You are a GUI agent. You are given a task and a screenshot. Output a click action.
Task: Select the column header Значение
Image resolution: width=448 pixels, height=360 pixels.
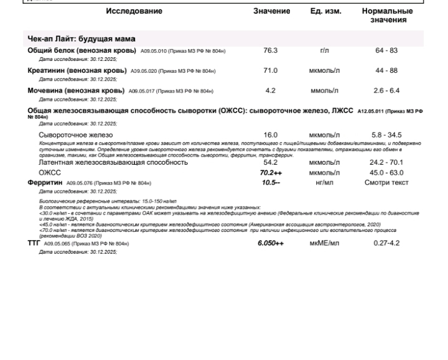pyautogui.click(x=271, y=12)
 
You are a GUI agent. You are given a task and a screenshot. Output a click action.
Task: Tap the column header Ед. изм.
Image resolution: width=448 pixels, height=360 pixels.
pyautogui.click(x=325, y=12)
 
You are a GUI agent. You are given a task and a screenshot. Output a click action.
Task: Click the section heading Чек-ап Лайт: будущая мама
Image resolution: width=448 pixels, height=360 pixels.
pyautogui.click(x=81, y=39)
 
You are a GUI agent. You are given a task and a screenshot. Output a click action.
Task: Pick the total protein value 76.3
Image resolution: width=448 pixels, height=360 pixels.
pyautogui.click(x=271, y=50)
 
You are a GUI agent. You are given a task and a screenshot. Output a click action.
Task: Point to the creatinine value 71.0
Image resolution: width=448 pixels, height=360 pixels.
pyautogui.click(x=271, y=71)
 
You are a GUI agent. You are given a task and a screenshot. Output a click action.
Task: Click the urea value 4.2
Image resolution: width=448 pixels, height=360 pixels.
pyautogui.click(x=271, y=91)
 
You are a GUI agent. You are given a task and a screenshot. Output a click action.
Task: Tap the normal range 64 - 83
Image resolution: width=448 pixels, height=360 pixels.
pyautogui.click(x=387, y=50)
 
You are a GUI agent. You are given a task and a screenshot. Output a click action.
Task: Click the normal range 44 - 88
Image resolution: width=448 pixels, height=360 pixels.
pyautogui.click(x=387, y=71)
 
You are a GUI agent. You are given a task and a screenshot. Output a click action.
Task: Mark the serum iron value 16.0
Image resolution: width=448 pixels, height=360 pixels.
pyautogui.click(x=271, y=135)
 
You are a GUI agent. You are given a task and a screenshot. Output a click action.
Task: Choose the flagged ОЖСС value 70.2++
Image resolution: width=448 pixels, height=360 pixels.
pyautogui.click(x=271, y=173)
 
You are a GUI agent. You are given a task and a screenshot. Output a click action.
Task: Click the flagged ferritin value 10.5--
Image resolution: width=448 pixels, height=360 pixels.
pyautogui.click(x=271, y=183)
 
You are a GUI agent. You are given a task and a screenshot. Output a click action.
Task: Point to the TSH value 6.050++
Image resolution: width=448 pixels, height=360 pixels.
pyautogui.click(x=271, y=243)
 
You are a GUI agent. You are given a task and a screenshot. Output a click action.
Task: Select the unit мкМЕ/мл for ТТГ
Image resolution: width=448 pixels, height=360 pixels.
pyautogui.click(x=324, y=243)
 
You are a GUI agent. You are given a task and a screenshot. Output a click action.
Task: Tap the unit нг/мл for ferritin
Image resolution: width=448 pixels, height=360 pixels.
pyautogui.click(x=324, y=183)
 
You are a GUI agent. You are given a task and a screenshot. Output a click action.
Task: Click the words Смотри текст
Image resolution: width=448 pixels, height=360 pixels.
pyautogui.click(x=386, y=183)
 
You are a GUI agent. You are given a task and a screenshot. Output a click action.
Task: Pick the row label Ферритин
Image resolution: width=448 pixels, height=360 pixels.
pyautogui.click(x=45, y=183)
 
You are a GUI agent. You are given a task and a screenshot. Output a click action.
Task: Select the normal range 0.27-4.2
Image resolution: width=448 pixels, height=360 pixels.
pyautogui.click(x=386, y=243)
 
